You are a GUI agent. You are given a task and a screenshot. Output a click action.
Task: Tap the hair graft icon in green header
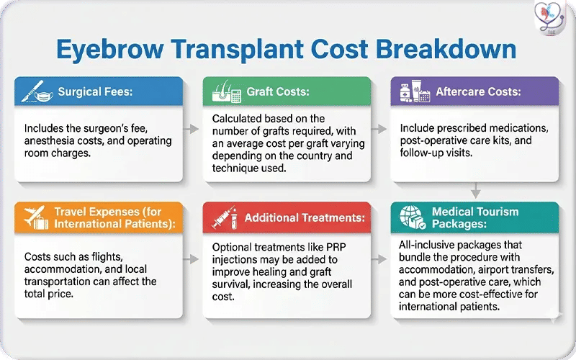pos(225,93)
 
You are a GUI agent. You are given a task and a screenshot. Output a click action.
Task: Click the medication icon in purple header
pos(413,93)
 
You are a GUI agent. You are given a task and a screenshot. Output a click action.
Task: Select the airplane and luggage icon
pos(34,218)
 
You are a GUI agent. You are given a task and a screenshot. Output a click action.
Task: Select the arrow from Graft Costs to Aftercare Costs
pos(382,130)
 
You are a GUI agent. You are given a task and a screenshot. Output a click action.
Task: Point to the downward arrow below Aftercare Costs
pos(476,190)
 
